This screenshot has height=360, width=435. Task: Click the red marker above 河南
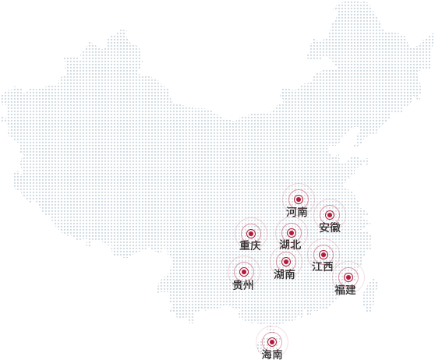pos(299,199)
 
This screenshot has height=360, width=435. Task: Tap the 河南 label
pos(297,212)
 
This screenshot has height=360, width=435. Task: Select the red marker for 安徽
pos(330,215)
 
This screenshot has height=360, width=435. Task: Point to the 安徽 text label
pos(330,228)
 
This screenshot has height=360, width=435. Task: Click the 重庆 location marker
pos(251,234)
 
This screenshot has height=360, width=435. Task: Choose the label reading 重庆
pos(250,245)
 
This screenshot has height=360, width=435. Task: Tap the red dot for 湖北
pos(292,233)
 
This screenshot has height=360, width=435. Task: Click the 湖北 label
pos(290,245)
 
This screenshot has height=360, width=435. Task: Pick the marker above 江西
pos(324,255)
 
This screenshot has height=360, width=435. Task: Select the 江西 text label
pos(323,266)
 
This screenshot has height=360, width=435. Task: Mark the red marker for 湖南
pos(286,262)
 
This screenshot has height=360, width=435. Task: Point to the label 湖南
pos(285,274)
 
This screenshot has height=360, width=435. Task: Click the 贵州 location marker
pos(244,272)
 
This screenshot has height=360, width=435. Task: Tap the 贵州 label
pos(243,285)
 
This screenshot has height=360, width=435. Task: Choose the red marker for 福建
pos(348,277)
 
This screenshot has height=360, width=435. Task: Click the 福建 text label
pos(345,290)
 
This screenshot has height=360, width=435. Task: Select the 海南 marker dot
pos(272,342)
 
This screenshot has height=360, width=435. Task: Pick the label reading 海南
pos(272,355)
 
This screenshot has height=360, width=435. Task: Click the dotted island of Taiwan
pos(370,295)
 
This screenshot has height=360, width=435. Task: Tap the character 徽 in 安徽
pos(335,228)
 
